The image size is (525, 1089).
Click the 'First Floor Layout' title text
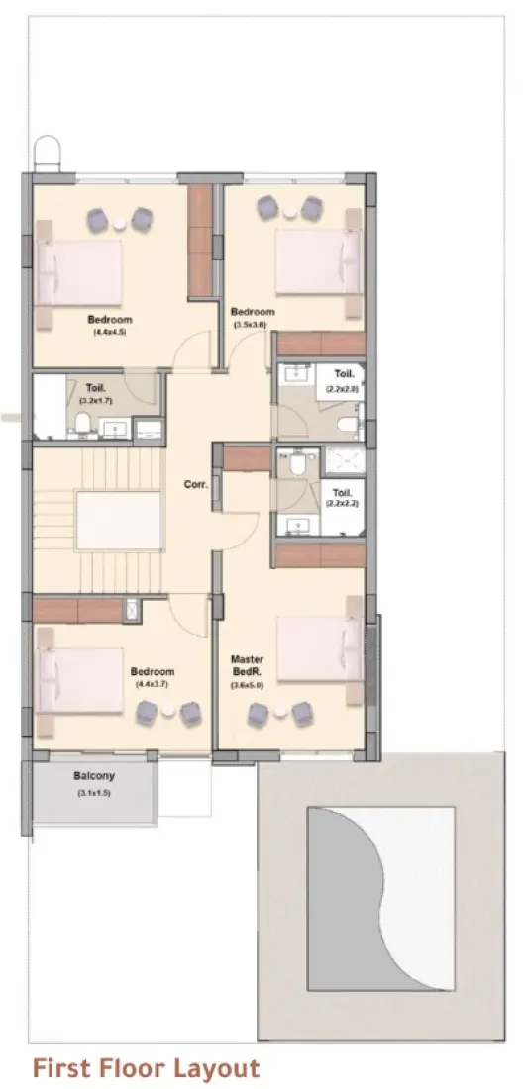146,1068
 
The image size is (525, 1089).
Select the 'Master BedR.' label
246,664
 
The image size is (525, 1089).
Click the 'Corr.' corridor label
194,485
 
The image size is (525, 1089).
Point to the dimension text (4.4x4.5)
109,333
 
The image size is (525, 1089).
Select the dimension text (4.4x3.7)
152,684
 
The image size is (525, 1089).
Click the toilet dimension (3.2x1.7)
96,401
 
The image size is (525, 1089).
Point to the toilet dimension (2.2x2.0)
343,389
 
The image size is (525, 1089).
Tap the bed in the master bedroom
319,648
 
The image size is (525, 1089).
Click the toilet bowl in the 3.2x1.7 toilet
84,426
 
